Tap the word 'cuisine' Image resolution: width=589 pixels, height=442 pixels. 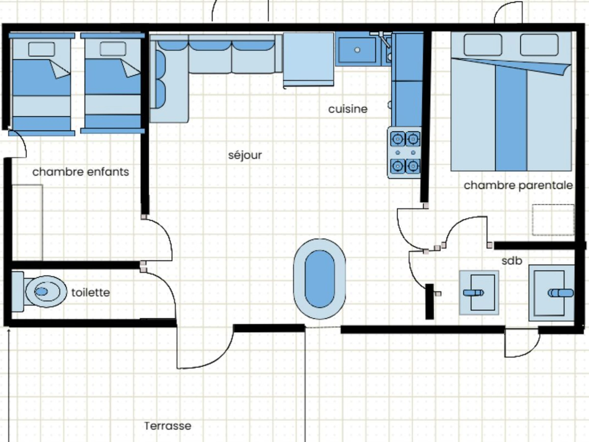348,109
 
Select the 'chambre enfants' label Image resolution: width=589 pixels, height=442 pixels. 81,172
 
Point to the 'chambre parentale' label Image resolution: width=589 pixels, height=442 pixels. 518,185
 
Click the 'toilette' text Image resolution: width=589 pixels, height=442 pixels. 91,292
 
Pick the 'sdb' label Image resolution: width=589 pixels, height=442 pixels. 512,261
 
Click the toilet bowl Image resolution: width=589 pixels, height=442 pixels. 46,291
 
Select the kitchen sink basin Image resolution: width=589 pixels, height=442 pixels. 357,50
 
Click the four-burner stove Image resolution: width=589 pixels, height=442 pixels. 404,152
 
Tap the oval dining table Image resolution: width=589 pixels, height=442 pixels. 319,279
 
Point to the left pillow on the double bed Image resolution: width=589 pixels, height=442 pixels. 483,45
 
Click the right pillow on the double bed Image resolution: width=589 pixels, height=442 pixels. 539,45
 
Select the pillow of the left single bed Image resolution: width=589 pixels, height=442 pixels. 41,49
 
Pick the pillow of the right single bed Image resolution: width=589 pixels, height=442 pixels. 113,49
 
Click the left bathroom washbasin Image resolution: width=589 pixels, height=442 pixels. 479,292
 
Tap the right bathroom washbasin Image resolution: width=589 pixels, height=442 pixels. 551,293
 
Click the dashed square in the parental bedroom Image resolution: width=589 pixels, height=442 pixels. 553,220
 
